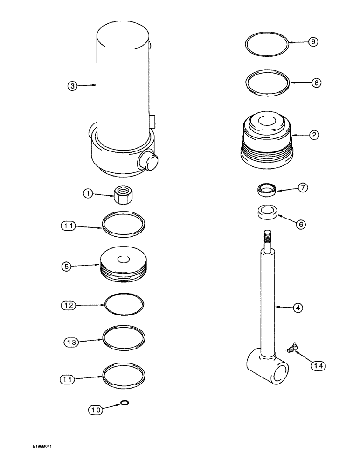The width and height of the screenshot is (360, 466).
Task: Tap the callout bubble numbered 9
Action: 313,42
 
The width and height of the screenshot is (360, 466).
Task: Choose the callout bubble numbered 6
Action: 301,225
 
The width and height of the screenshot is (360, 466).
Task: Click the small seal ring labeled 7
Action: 267,189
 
